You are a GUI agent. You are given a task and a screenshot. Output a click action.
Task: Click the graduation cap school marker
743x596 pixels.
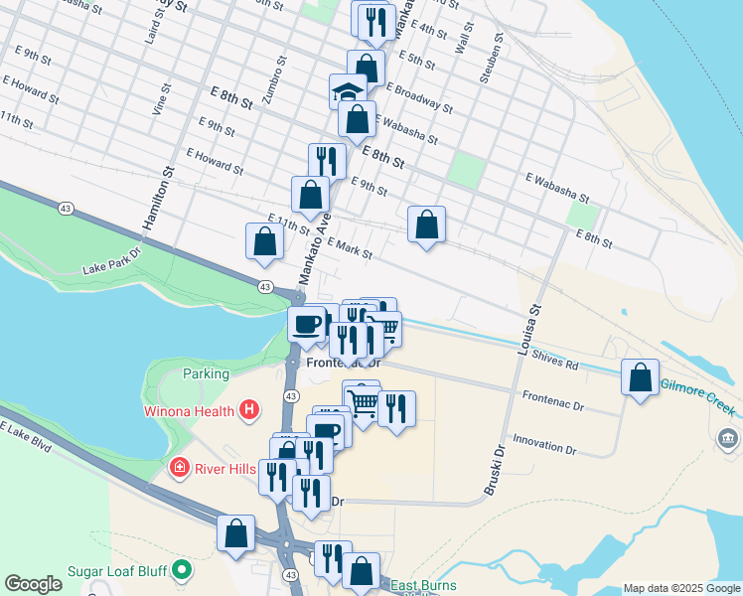pos(348,93)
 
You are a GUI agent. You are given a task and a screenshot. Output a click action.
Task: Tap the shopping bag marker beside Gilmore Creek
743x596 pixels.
pos(641,378)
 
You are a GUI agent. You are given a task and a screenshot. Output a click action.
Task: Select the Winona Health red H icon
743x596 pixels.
pos(249,409)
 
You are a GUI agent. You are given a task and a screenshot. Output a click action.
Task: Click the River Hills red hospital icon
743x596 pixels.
pos(179,467)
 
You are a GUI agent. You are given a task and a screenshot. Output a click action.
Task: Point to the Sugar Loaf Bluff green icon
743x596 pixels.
pos(181,570)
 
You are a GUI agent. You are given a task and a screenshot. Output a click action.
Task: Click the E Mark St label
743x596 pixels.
pos(347,248)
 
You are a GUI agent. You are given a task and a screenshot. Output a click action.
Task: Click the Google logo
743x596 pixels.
pos(33,584)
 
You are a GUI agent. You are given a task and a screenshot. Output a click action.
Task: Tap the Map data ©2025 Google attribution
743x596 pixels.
pos(680,588)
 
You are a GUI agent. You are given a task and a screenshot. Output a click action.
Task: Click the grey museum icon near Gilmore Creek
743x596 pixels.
pos(728,438)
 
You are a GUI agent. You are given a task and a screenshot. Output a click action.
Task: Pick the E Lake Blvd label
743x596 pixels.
pos(27,438)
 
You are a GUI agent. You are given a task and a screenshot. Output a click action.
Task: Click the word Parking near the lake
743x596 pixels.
pos(206,374)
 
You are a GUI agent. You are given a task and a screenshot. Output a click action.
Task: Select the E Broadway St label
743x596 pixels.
pos(419,97)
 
